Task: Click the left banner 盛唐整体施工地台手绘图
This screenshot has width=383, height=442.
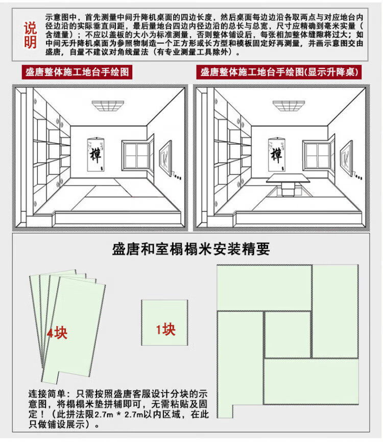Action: pos(78,72)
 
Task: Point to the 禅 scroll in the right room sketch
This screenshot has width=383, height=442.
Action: pos(276,153)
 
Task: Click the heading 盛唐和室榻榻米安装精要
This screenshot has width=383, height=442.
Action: pos(190,250)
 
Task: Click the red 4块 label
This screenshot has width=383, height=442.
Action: pos(57,333)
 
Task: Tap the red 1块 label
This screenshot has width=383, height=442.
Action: pos(165,329)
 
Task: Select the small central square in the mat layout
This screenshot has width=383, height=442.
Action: pos(288,334)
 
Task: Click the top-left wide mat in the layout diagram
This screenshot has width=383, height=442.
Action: pos(264,288)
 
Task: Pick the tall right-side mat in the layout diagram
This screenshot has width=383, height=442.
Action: pos(334,311)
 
